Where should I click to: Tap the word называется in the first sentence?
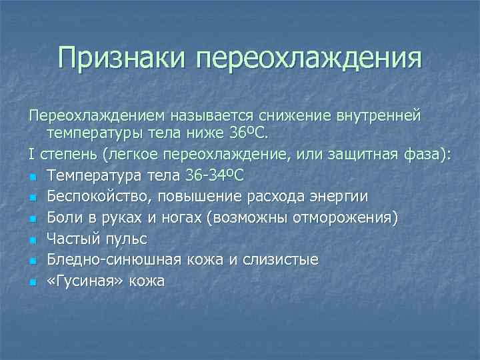coord(207,117)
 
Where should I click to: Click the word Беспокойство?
coord(97,197)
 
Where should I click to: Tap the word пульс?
coord(126,239)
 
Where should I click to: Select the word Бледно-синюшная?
coord(107,259)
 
